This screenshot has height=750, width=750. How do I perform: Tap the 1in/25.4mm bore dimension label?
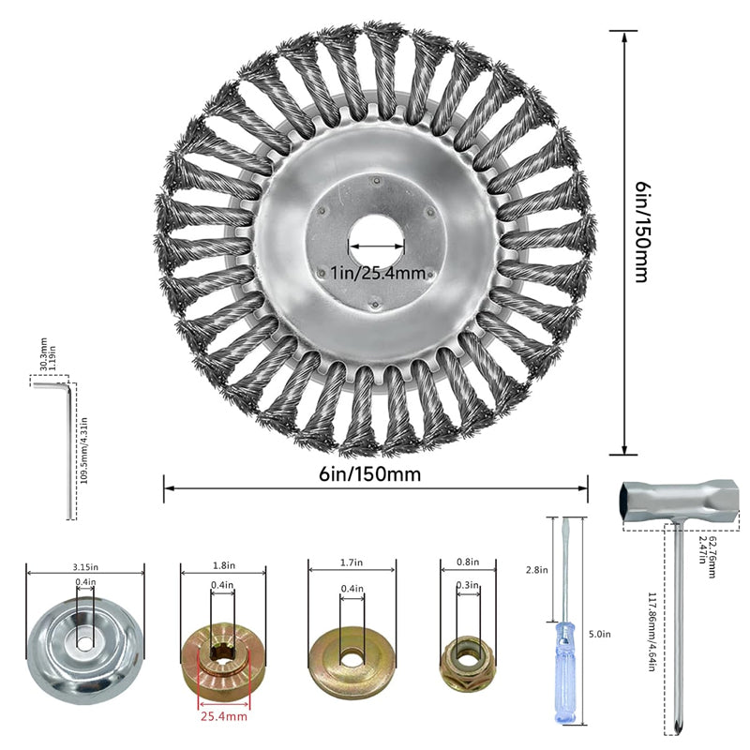[378, 273]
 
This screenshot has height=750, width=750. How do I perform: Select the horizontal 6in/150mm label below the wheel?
[369, 474]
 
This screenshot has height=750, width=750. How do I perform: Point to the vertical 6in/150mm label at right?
[641, 232]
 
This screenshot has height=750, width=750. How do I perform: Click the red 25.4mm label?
[224, 716]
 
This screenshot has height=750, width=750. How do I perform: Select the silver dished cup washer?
[86, 647]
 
